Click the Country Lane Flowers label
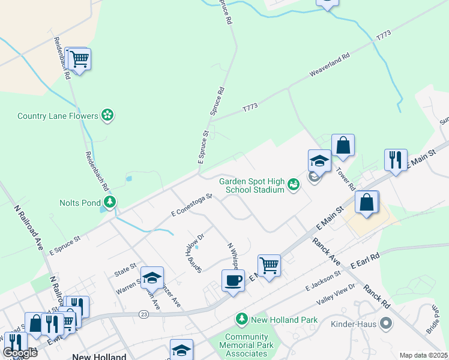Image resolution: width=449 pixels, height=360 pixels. point(58,116)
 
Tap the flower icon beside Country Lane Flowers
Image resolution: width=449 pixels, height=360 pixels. point(107,115)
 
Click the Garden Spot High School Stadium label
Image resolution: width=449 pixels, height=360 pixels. point(251,185)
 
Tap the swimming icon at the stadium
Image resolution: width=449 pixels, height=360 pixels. point(293,185)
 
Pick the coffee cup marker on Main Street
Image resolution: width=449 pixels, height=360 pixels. point(233,280)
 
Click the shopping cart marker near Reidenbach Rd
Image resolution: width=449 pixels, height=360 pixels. point(79,59)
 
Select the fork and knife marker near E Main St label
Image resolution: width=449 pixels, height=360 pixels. point(396,160)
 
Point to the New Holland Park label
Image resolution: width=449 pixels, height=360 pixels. point(284,320)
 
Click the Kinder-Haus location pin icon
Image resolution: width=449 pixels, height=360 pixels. point(386,323)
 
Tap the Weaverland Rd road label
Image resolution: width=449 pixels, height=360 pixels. point(330,65)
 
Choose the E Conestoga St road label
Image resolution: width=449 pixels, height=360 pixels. point(192,205)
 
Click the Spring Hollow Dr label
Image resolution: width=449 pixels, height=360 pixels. point(195,251)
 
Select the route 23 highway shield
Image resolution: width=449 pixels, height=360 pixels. point(143,314)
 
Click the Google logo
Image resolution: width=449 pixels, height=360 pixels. point(20,353)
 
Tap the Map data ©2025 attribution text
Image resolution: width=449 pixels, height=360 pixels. point(423,355)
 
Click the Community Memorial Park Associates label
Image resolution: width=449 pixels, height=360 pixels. point(249,345)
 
